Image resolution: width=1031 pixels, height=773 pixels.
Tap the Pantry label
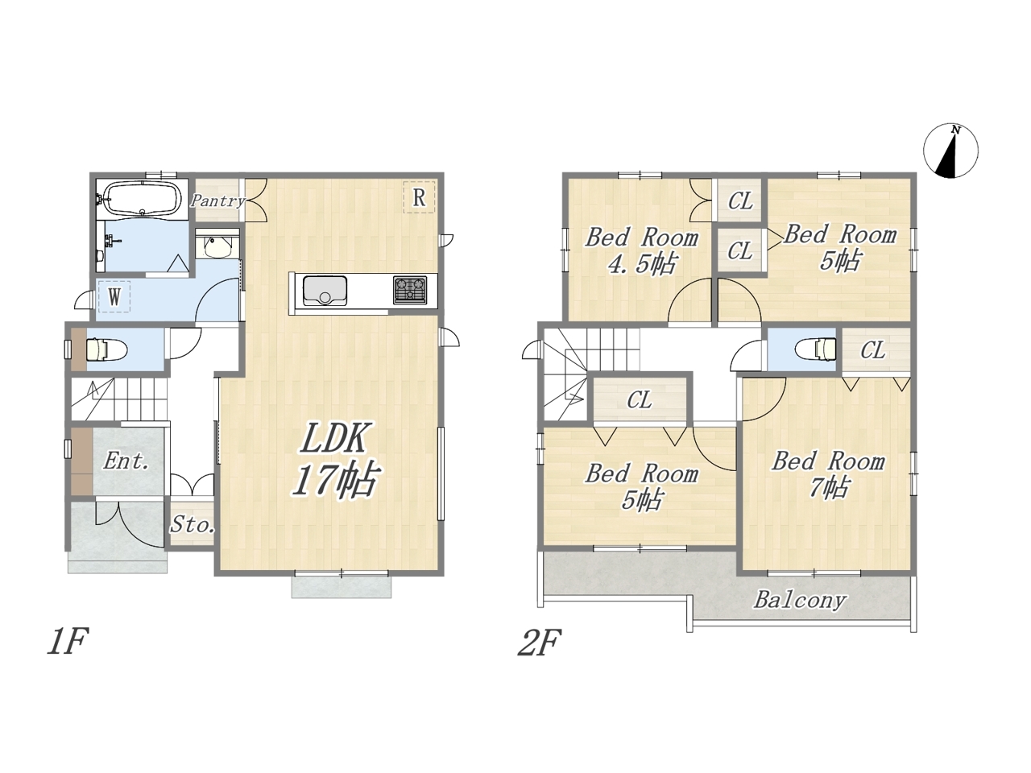(218, 200)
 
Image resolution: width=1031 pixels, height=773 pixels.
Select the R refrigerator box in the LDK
(419, 197)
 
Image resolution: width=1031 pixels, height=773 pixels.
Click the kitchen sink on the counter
(325, 291)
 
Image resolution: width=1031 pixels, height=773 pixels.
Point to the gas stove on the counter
(410, 289)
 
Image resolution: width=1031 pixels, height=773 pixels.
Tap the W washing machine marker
(114, 296)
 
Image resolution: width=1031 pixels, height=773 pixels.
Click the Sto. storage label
(193, 524)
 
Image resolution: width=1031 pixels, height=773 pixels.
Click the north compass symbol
(950, 151)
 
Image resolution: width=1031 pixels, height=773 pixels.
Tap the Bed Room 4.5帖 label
(642, 250)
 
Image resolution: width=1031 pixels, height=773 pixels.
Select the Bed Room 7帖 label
(829, 474)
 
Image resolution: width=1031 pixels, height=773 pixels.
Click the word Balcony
(801, 601)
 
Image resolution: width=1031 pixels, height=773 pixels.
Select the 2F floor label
(539, 643)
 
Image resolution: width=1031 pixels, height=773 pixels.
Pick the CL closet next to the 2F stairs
(640, 400)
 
